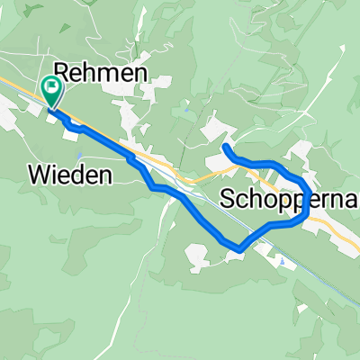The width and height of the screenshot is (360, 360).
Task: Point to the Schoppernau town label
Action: (287, 199)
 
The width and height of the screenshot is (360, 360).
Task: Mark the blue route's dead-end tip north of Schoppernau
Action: (225, 147)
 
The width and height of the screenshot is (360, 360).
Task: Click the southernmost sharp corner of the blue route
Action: (238, 247)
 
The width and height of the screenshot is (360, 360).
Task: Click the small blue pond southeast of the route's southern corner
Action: (281, 262)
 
